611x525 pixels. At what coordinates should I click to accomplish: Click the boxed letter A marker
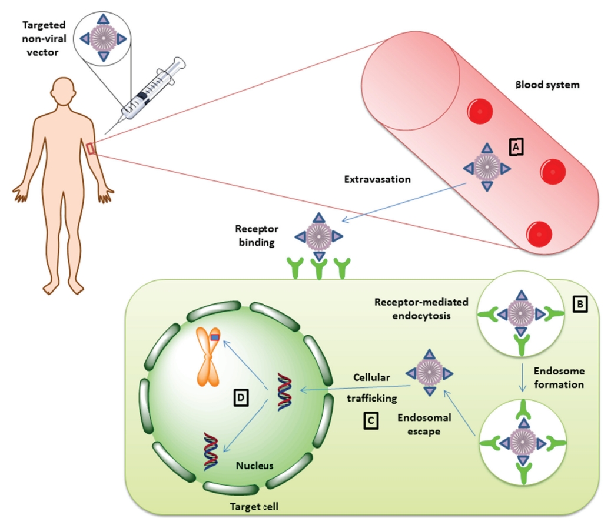(x=516, y=147)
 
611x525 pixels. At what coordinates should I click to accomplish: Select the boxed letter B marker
(x=579, y=304)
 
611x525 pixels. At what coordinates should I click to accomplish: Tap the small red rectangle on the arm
(x=92, y=148)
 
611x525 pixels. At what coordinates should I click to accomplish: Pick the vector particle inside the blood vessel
(x=487, y=166)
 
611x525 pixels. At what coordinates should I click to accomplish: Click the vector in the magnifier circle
(x=103, y=38)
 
